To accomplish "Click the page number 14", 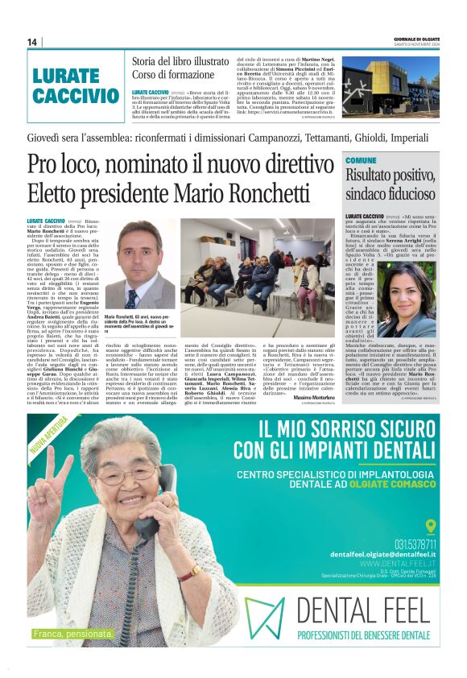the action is point(32,42).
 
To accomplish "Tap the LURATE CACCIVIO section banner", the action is point(75,86).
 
